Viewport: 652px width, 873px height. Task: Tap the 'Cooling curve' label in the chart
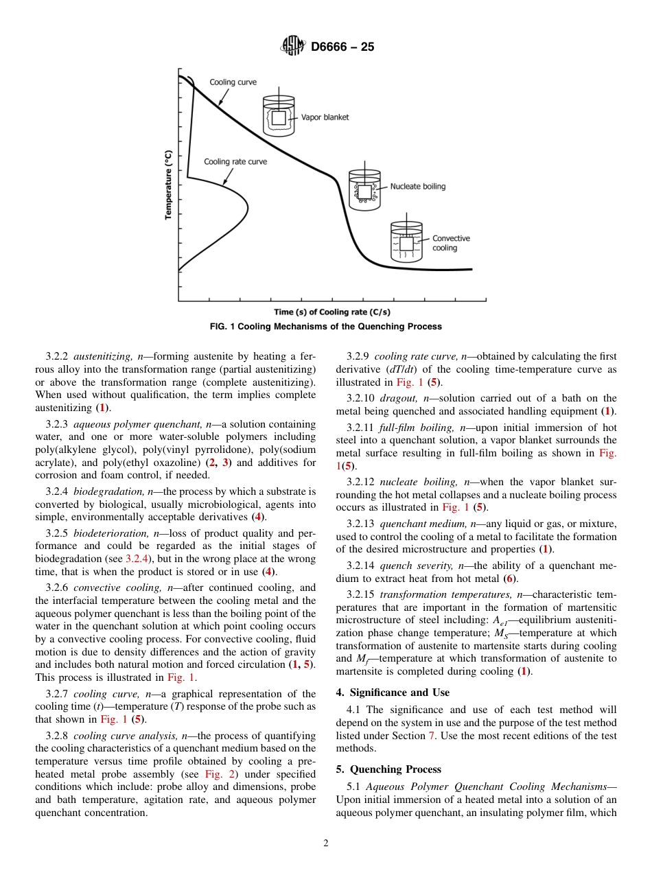tap(233, 82)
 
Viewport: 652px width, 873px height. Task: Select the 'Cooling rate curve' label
tap(235, 162)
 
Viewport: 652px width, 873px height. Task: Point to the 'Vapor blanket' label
tap(325, 117)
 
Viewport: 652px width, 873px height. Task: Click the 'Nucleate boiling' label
tap(417, 186)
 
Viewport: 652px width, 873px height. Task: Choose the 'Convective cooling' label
tap(451, 243)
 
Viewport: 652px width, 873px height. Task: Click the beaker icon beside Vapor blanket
tap(279, 115)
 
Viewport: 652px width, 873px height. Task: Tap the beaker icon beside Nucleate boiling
tap(364, 187)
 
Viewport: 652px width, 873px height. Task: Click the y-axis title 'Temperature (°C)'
tap(168, 185)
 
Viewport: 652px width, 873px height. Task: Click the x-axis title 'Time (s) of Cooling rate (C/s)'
tap(332, 312)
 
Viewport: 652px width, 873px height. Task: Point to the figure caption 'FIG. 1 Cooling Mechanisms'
tap(325, 327)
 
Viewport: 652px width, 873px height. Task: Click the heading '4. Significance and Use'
tap(393, 692)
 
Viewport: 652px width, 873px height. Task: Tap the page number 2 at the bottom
tap(326, 843)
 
